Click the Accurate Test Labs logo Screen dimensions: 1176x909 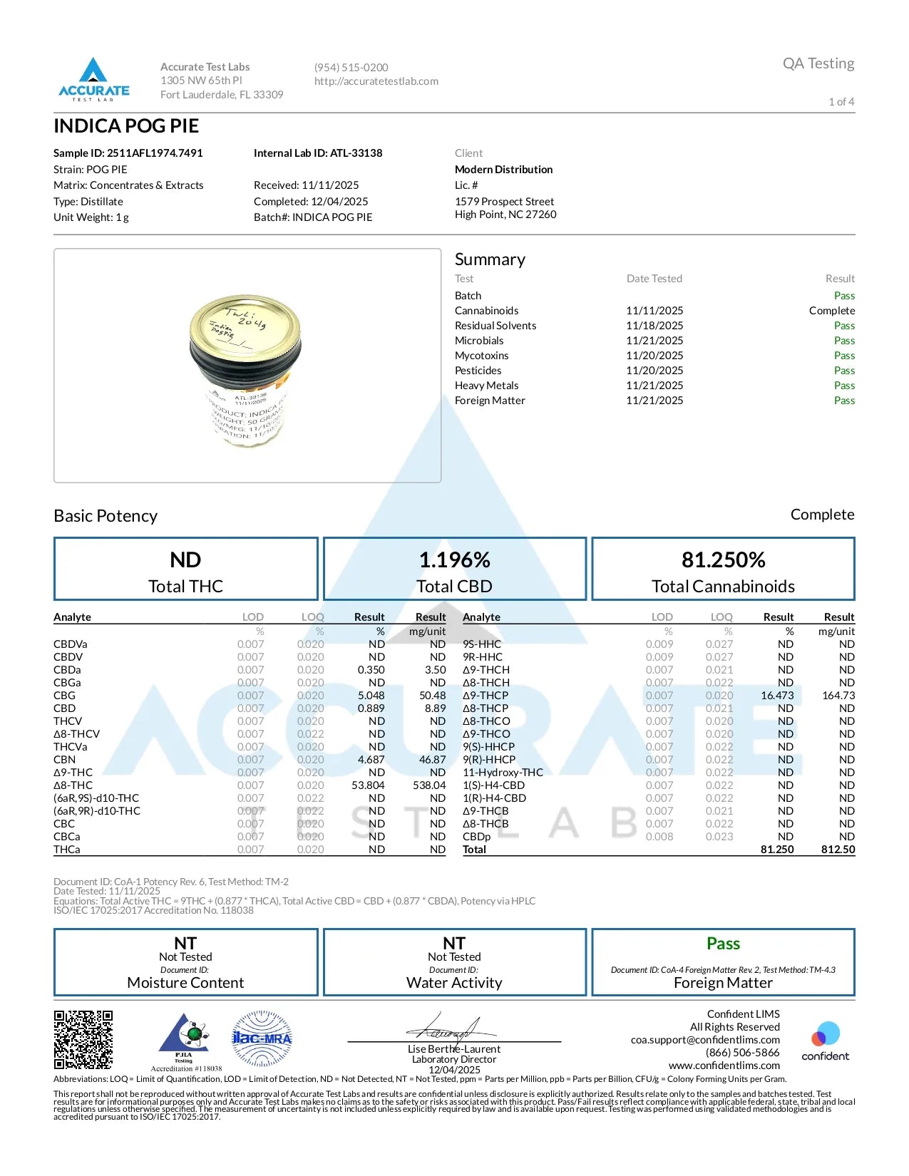[93, 78]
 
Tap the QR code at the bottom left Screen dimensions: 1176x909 [83, 1039]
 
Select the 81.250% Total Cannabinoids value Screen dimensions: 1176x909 [723, 560]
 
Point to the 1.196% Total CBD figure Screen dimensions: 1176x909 [454, 560]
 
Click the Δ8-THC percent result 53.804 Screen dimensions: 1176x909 [368, 785]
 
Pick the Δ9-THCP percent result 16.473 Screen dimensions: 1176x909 [776, 696]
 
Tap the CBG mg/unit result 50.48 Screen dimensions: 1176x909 [432, 696]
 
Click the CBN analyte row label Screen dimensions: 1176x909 [65, 760]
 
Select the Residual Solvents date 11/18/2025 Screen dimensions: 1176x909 [654, 326]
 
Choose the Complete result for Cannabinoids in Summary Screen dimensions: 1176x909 [831, 311]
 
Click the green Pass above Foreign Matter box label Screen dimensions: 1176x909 [723, 944]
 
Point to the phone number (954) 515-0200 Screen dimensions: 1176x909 [351, 68]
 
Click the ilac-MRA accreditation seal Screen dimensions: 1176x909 [262, 1038]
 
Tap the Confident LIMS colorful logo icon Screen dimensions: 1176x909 [826, 1033]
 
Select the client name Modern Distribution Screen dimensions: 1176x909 [503, 170]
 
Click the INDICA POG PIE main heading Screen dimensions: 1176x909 [126, 126]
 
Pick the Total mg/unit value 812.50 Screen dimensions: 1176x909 [838, 850]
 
